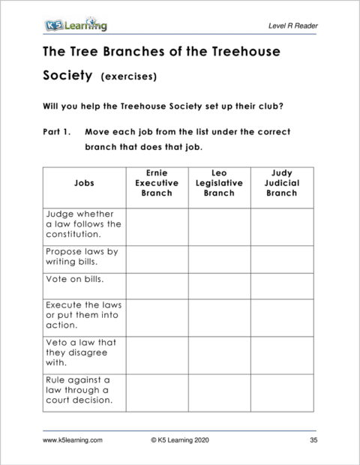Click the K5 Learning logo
coord(75,25)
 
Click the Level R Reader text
coord(292,26)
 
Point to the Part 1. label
coord(57,131)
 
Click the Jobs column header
coord(85,182)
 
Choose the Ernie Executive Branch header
coord(157,182)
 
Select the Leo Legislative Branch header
coord(219,182)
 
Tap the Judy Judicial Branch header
coord(282,182)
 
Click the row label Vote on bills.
coord(75,280)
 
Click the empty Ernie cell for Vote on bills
coord(157,285)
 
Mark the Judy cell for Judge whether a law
coord(282,226)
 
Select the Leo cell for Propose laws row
coord(219,259)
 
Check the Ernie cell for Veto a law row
coord(157,353)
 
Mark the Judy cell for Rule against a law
coord(282,390)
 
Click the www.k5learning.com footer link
coord(73,440)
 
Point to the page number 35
coord(313,440)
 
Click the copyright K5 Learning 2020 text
coord(181,440)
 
